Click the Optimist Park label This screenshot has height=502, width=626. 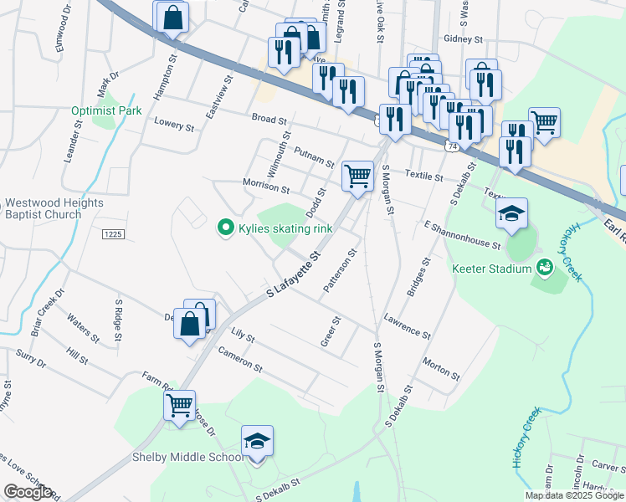pos(106,110)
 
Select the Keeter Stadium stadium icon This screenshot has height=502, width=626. pos(545,268)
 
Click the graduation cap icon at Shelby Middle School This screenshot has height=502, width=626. pos(258,442)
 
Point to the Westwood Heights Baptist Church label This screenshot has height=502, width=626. pos(54,208)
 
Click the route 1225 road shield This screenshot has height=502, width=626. pos(114,234)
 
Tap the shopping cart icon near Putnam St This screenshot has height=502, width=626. pos(357,177)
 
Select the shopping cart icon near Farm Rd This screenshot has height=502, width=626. pos(179,407)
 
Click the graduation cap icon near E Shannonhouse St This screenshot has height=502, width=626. pos(511,213)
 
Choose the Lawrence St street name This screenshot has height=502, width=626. pos(407,326)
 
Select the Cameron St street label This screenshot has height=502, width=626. pos(240,361)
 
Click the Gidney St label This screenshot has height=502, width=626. pos(464,39)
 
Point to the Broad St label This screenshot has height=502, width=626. pos(269,120)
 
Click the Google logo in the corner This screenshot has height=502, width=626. pos(28,492)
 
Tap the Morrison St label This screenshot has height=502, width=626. pos(265,187)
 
